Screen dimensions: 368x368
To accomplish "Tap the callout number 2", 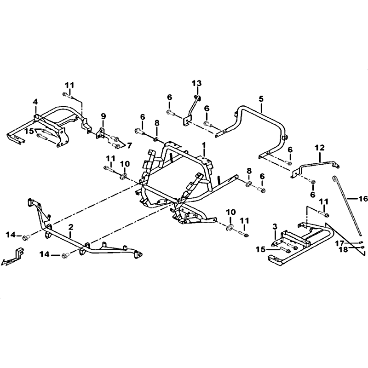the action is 71,227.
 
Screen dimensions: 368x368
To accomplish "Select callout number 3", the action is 275,226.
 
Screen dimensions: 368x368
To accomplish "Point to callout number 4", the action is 35,102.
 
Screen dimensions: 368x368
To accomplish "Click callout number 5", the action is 261,99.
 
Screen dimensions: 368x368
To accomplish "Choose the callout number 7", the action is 129,145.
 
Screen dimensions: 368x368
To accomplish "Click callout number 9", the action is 103,116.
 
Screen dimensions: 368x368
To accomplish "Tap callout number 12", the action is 320,148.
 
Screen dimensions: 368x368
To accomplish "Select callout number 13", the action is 197,83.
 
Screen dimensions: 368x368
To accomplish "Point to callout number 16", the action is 363,199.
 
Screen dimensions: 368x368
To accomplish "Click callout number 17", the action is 339,243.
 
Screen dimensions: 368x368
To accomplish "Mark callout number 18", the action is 344,249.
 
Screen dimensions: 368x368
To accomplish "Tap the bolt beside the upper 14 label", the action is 25,238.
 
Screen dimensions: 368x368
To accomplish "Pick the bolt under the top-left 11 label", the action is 67,96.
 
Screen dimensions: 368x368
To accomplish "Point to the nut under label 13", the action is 197,97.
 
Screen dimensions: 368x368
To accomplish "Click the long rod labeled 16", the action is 347,206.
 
